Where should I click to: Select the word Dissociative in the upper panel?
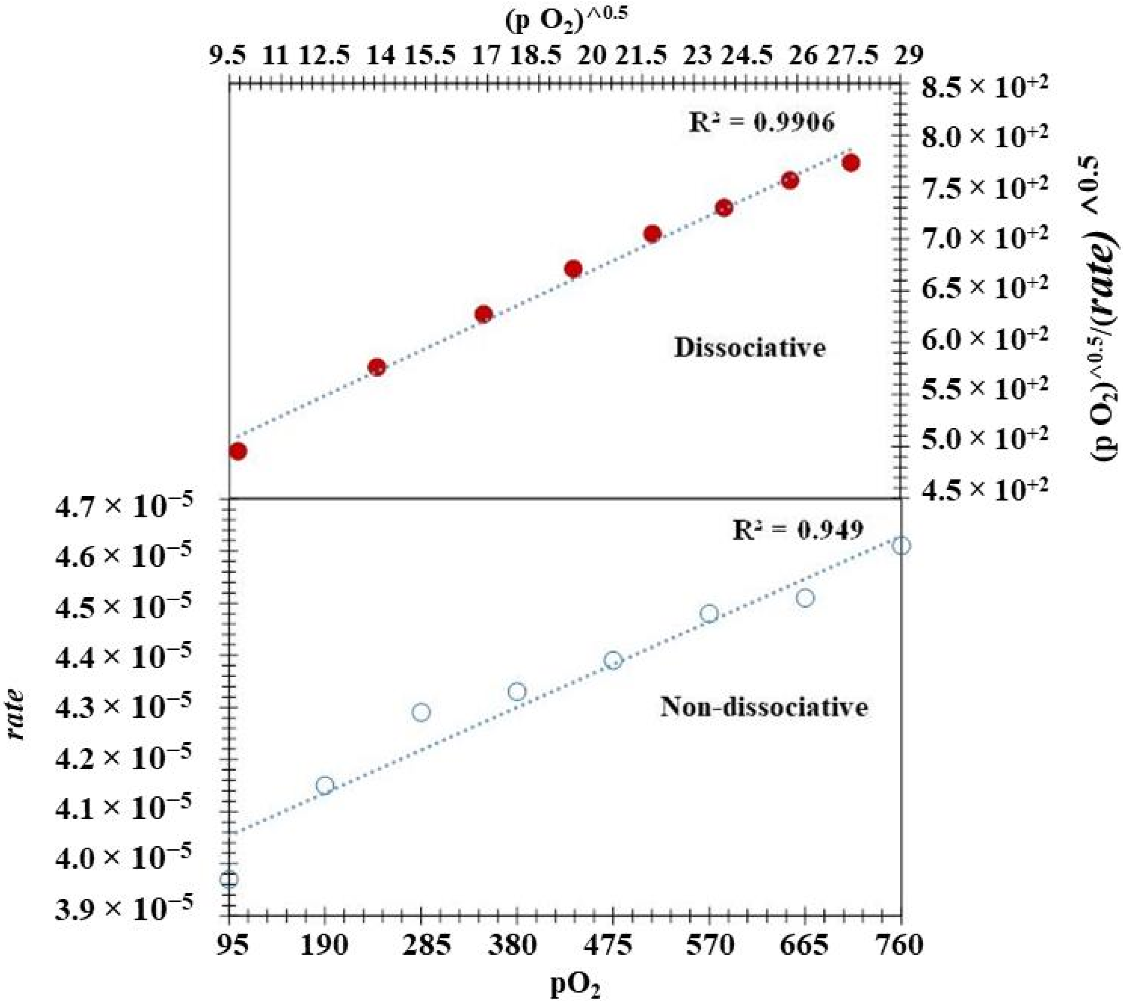coord(749,348)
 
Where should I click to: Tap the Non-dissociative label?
coord(764,707)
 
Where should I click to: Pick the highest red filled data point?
coord(851,163)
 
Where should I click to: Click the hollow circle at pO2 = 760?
coord(901,546)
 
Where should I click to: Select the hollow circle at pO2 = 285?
coord(421,713)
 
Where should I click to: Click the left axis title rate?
coord(19,715)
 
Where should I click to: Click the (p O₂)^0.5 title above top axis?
coord(566,21)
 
